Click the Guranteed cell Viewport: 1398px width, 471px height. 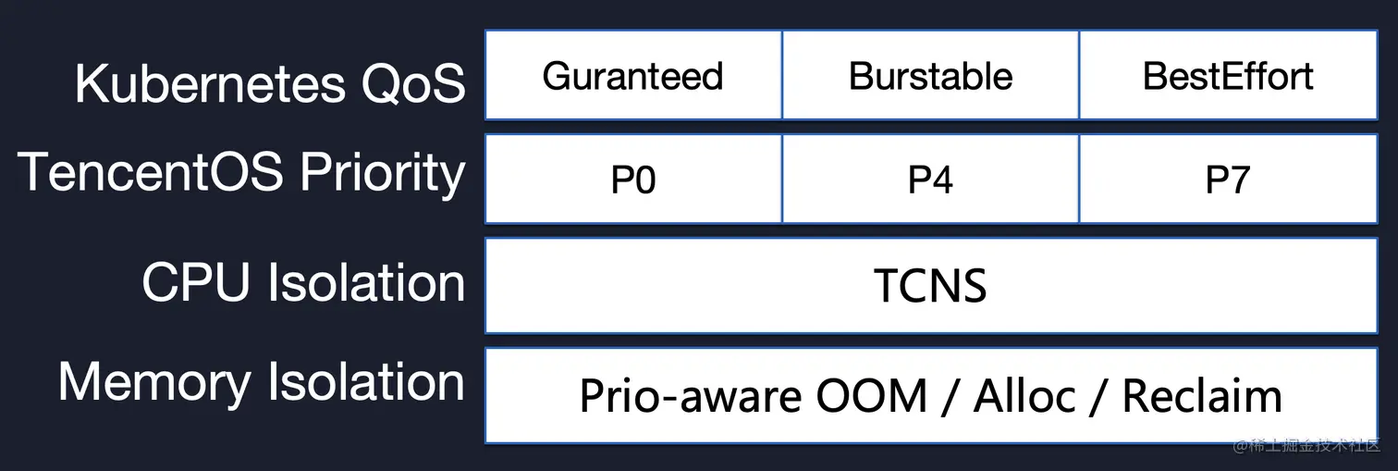click(x=633, y=76)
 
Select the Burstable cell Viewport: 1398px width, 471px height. click(x=930, y=76)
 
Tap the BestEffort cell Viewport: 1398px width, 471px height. click(x=1228, y=76)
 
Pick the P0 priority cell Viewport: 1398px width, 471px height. click(x=633, y=180)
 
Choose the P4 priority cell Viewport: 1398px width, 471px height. click(x=930, y=180)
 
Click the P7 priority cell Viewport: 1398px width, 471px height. click(x=1228, y=180)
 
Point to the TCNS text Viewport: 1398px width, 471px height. click(x=930, y=286)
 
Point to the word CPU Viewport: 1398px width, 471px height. click(x=196, y=281)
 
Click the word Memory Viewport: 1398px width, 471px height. click(x=153, y=382)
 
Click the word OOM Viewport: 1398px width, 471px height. click(x=871, y=396)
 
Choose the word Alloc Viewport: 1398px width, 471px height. click(x=1024, y=396)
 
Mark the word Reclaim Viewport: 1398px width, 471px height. click(x=1202, y=396)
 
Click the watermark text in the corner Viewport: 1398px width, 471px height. click(x=1306, y=447)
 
